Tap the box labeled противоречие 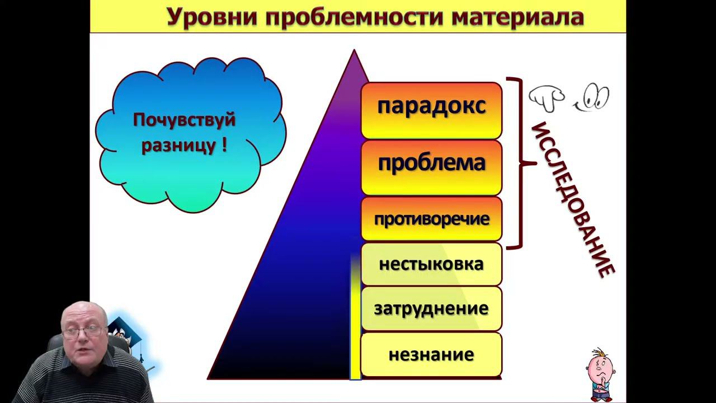[x=431, y=219]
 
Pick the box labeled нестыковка [x=431, y=264]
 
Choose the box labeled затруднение [x=431, y=308]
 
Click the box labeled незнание [x=431, y=354]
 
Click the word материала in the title [x=517, y=17]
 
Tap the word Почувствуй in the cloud [x=184, y=120]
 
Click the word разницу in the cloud [x=178, y=146]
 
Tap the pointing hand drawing [x=547, y=99]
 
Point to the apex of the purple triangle [x=354, y=51]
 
